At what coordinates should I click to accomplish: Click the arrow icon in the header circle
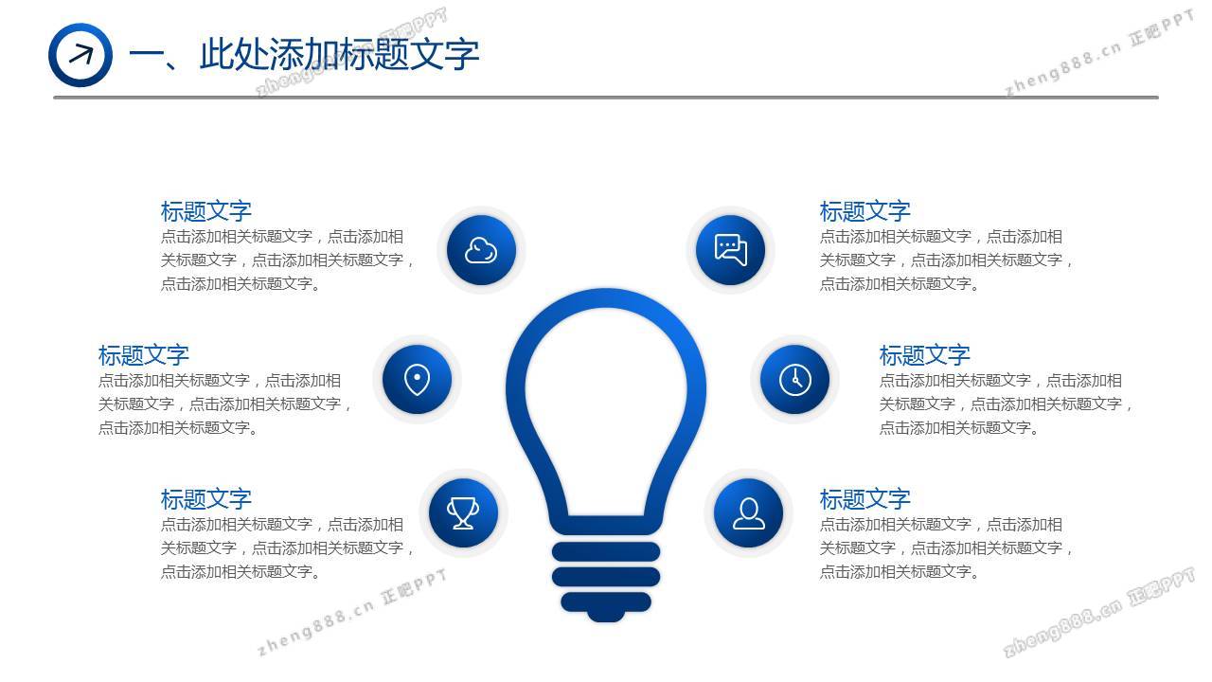tap(81, 55)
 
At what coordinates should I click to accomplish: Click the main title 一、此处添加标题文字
tap(304, 55)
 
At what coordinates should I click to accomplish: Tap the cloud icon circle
tap(481, 250)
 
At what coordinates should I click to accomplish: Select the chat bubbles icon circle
tap(730, 250)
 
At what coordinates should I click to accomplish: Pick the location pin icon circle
tap(418, 380)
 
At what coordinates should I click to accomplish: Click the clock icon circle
tap(794, 380)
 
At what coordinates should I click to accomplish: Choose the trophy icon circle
tap(463, 513)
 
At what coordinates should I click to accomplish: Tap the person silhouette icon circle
tap(748, 513)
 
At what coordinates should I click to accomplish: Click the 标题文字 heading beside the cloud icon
tap(206, 211)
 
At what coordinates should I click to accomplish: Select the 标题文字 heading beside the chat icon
tap(865, 211)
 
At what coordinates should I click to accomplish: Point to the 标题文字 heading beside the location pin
tap(143, 355)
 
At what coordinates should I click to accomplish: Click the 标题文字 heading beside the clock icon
tap(925, 355)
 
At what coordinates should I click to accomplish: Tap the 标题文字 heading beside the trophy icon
tap(206, 499)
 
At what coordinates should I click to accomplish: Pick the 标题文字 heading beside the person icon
tap(865, 499)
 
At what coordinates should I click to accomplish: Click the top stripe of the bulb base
tap(606, 551)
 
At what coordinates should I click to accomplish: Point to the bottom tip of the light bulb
tap(606, 621)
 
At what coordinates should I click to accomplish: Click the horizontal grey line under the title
tap(606, 98)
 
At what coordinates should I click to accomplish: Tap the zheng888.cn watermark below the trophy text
tap(352, 612)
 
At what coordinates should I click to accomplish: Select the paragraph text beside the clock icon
tap(1006, 404)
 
